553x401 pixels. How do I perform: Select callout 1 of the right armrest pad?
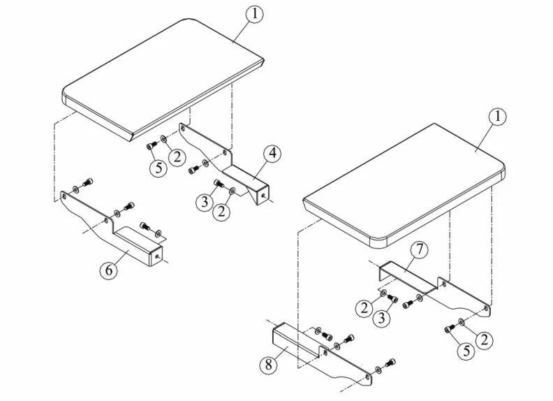click(x=496, y=117)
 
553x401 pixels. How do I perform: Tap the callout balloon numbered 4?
click(x=273, y=154)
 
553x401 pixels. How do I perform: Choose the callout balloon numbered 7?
click(x=418, y=249)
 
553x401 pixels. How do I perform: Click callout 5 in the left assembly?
click(x=158, y=168)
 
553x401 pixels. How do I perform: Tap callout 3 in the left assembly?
click(x=203, y=202)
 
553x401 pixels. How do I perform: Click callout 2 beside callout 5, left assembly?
click(x=177, y=156)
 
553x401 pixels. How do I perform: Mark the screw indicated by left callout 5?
click(x=150, y=146)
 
